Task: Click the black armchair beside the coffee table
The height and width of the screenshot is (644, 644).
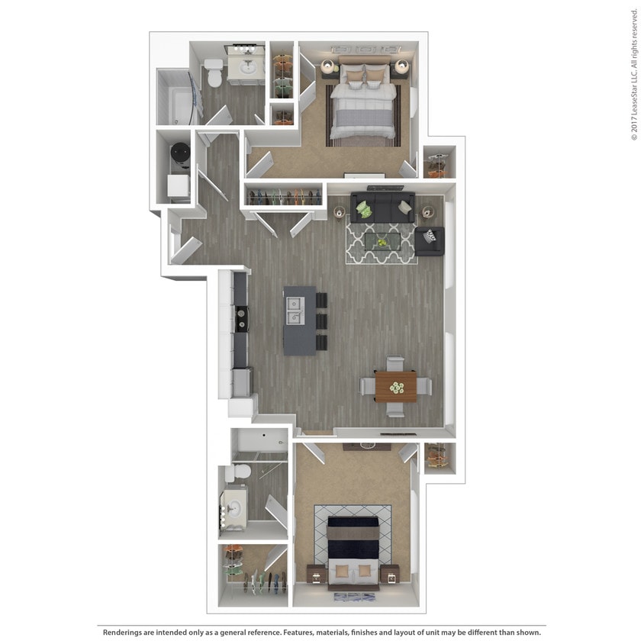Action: [430, 240]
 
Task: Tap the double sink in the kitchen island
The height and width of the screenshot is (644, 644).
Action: [294, 312]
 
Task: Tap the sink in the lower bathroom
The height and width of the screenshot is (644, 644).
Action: [234, 505]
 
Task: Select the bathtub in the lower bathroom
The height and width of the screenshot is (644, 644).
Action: [259, 442]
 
